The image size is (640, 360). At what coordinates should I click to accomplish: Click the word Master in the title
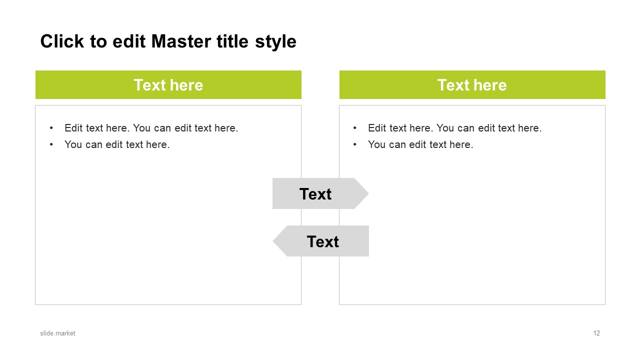tap(181, 41)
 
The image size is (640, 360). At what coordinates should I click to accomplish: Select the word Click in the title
tap(62, 41)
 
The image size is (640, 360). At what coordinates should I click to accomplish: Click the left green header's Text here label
tap(168, 85)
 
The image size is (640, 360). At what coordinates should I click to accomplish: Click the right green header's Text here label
tap(472, 85)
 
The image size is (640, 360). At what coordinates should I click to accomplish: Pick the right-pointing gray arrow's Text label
tap(315, 194)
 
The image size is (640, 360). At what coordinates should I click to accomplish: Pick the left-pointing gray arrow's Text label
tap(323, 241)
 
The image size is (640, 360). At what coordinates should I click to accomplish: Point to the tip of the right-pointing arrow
tap(368, 193)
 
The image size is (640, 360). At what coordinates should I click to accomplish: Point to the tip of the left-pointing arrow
tap(273, 241)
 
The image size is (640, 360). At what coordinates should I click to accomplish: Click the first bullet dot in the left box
tap(51, 128)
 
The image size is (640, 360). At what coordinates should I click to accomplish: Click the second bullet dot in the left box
tap(51, 144)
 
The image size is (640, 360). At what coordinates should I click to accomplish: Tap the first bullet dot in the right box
tap(354, 128)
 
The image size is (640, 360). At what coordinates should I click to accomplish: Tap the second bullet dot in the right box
tap(354, 144)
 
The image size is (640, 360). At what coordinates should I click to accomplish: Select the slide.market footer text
tap(57, 333)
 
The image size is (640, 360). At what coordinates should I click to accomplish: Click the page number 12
tap(596, 333)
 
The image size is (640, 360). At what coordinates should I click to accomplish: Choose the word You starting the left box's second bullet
tap(73, 144)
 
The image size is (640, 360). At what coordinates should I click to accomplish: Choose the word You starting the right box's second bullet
tap(376, 144)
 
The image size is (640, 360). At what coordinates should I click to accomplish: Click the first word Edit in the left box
tap(73, 128)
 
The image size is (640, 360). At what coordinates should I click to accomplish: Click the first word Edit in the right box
tap(377, 128)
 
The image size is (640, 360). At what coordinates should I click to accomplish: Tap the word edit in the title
tap(129, 41)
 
